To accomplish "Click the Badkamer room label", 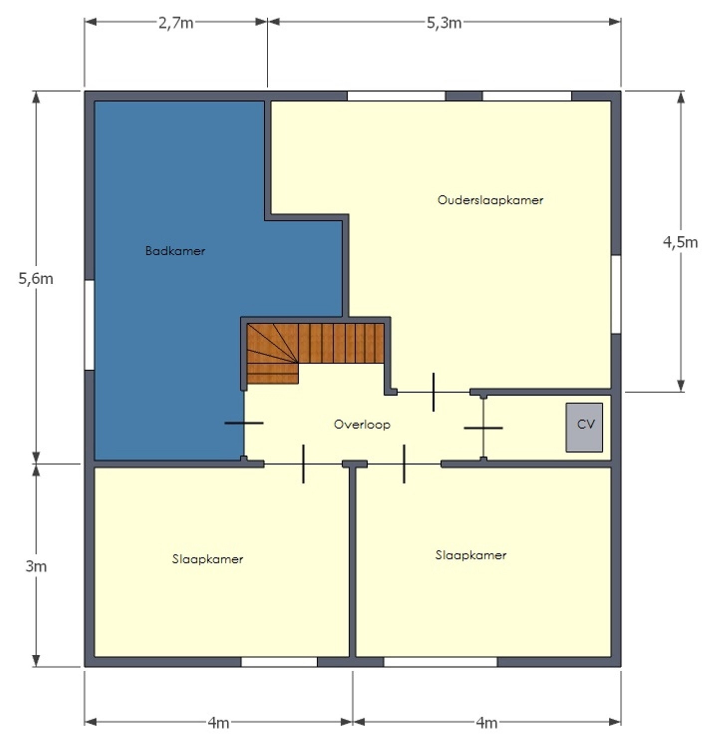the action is (175, 251).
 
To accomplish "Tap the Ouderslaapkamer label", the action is (490, 200).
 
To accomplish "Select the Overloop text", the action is (362, 425).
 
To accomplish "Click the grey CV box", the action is (584, 427).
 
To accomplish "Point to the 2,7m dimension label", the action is (176, 23).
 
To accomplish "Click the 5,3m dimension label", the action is (444, 23).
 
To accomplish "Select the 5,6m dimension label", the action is (36, 279).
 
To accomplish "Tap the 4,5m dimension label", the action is (680, 242).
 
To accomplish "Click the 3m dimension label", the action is (36, 566).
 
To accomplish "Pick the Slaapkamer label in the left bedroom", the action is (207, 559).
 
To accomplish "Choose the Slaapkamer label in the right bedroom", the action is (471, 555).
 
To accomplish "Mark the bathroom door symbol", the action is (244, 423).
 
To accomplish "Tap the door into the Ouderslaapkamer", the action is (433, 392).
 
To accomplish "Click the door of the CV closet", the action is (483, 428).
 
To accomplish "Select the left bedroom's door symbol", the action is (303, 464).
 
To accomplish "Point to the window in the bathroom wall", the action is (89, 325).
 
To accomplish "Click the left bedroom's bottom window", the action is (279, 662).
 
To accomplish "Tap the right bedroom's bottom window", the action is (440, 662).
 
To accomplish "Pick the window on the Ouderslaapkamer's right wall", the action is (616, 294).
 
